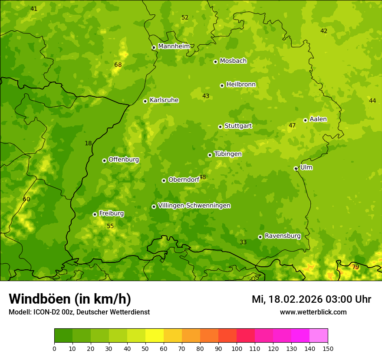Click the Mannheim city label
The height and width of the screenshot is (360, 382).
[x=174, y=46]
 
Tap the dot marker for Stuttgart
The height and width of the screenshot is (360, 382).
[x=220, y=127]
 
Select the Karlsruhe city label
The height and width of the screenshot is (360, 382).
[x=164, y=100]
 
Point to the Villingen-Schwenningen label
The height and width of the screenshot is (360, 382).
[x=194, y=206]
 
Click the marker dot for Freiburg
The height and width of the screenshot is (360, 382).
[x=95, y=214]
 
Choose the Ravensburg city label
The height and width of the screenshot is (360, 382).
[x=283, y=236]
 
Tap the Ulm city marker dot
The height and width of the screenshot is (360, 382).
[x=296, y=168]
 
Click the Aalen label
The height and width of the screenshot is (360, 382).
[x=318, y=119]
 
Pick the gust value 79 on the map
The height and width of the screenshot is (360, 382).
[x=356, y=267]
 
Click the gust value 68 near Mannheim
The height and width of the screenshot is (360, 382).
[x=118, y=65]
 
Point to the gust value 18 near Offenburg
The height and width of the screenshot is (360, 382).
[x=88, y=144]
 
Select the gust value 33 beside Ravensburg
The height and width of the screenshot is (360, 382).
[x=243, y=242]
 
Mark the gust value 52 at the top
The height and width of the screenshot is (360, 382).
[x=185, y=18]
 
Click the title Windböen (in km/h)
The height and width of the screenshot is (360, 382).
[x=70, y=299]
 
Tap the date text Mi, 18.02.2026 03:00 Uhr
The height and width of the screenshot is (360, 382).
[x=311, y=299]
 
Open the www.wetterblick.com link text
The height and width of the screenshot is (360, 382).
[x=313, y=312]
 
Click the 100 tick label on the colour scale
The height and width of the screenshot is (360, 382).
[x=237, y=348]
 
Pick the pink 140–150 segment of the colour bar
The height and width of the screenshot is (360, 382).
[x=319, y=336]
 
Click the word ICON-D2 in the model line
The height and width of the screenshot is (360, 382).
[x=45, y=312]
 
